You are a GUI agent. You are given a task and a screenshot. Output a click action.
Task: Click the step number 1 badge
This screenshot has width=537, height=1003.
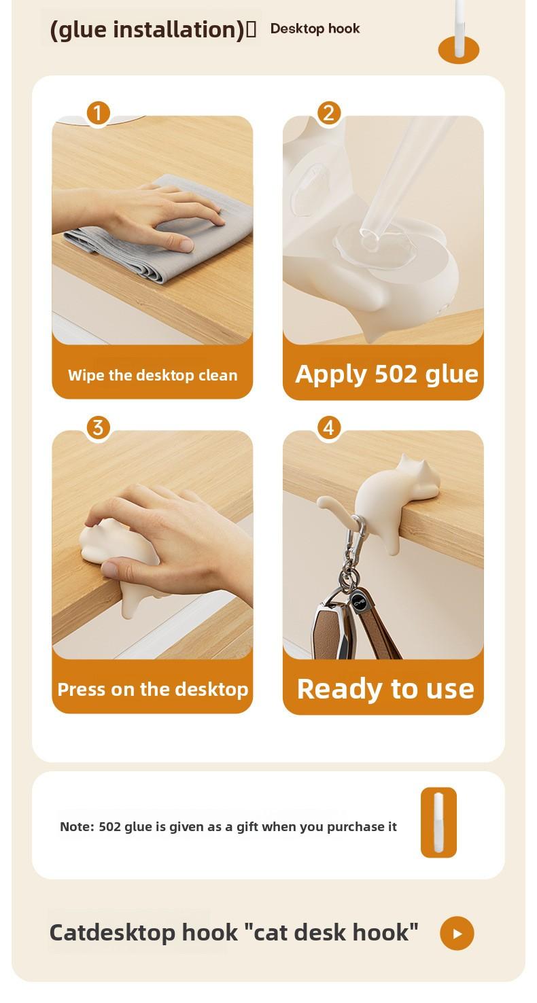(99, 113)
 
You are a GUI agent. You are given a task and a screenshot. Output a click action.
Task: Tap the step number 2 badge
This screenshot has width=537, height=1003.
(329, 113)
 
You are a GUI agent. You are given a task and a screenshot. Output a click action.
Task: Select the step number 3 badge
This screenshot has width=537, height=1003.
(99, 428)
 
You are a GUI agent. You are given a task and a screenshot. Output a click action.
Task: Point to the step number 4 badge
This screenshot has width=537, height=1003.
(329, 428)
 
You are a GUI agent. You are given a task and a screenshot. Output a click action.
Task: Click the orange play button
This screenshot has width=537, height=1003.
(457, 933)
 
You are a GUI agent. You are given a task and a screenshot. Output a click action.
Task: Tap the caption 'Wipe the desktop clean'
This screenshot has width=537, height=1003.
(152, 375)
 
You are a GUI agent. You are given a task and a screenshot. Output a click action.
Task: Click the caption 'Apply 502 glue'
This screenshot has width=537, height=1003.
(386, 374)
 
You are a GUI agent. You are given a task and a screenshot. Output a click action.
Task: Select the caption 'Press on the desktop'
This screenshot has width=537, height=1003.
(152, 689)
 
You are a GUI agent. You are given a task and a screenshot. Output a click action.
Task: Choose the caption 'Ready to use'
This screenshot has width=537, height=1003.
(385, 688)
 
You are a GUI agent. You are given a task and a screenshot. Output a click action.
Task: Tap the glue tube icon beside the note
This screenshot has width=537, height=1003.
(438, 822)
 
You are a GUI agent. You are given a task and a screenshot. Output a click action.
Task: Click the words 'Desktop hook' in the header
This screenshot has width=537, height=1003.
(315, 29)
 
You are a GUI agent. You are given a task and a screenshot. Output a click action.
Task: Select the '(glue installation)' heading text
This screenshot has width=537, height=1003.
(146, 30)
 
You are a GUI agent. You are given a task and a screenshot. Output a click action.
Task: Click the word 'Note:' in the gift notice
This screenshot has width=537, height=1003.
(77, 826)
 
